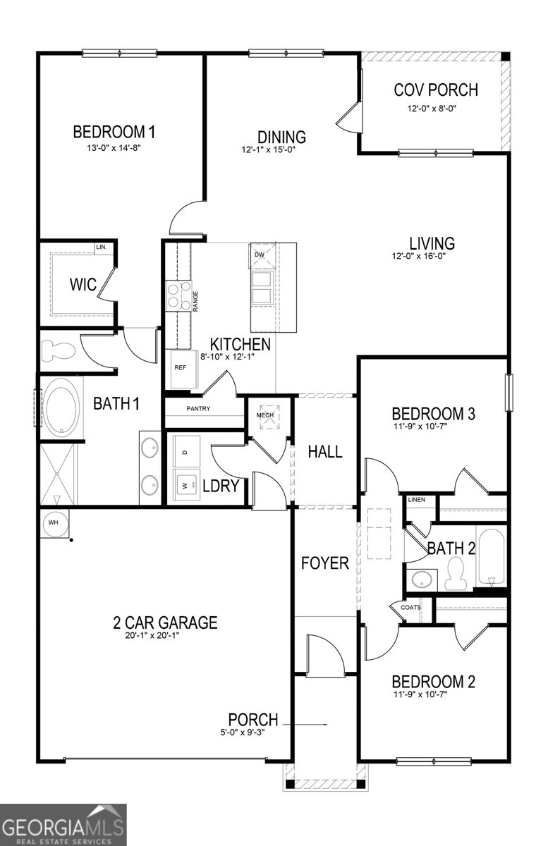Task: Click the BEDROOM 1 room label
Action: [x=114, y=132]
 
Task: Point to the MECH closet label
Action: [x=264, y=415]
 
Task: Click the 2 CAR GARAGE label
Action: [x=165, y=623]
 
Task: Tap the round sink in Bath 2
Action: [x=422, y=580]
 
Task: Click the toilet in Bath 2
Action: [x=456, y=572]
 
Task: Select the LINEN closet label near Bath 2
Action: [x=417, y=500]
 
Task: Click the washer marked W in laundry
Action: [x=185, y=486]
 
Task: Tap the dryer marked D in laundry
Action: [x=185, y=451]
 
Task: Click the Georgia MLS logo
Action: [x=63, y=823]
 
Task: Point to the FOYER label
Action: [x=325, y=563]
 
